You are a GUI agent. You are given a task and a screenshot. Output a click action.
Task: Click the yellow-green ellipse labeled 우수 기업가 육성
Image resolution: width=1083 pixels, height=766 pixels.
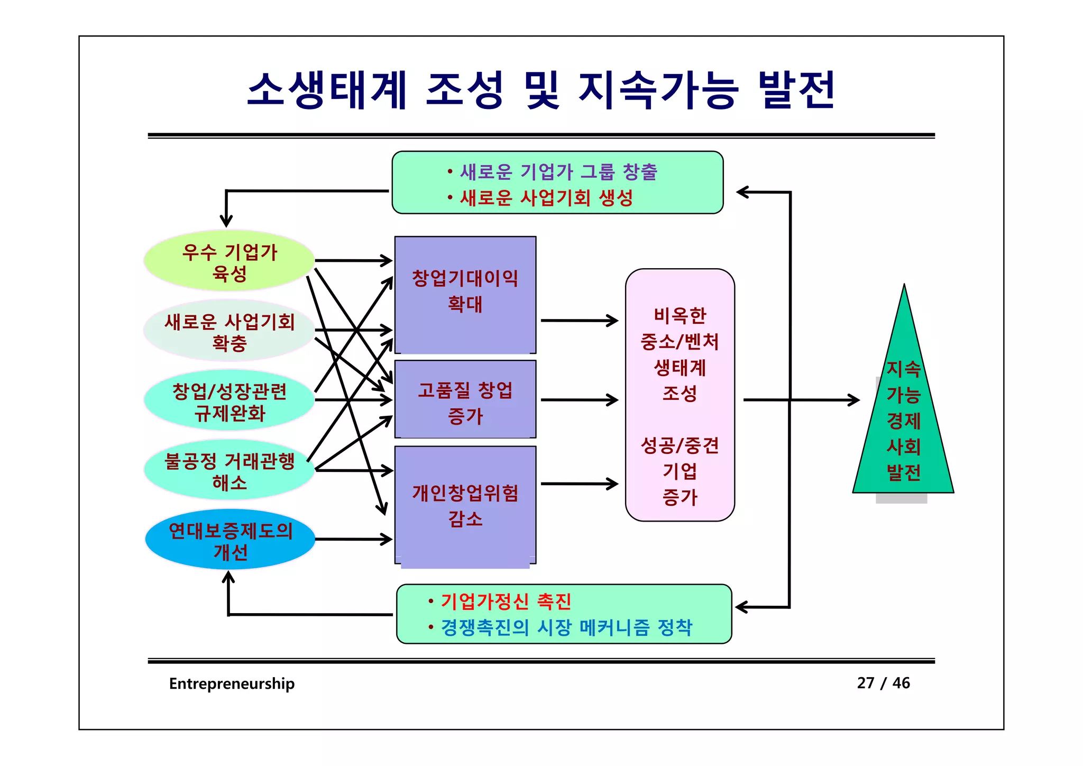229,260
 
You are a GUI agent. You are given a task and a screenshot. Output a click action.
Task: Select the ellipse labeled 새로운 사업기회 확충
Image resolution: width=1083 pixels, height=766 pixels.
229,331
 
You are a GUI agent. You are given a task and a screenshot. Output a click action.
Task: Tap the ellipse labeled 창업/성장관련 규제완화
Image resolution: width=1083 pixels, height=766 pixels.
229,401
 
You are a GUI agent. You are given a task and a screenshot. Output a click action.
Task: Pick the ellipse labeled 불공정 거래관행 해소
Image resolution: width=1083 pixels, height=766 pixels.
229,470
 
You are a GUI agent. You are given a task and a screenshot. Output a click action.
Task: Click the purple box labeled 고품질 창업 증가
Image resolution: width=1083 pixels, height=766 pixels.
465,399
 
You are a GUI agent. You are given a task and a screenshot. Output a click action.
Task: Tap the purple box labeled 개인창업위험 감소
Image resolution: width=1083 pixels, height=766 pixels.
465,505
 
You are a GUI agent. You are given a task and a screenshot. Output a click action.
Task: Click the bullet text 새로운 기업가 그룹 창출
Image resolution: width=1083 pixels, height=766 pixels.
558,172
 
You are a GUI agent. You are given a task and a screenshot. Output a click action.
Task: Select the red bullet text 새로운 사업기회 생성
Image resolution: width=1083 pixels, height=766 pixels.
546,198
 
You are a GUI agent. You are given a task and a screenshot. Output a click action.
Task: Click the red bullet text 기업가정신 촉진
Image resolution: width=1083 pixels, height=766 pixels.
506,601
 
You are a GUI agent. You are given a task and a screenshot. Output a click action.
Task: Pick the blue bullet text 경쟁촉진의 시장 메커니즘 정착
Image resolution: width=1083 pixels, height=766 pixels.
566,627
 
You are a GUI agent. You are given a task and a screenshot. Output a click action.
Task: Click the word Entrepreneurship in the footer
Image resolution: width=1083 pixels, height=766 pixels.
232,683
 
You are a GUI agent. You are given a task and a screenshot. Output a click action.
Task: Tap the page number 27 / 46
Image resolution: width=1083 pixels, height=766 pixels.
883,683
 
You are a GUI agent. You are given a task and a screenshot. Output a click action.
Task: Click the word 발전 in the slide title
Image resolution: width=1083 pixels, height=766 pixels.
796,90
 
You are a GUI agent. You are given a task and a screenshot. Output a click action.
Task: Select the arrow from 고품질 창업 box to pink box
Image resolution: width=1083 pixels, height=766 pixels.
579,400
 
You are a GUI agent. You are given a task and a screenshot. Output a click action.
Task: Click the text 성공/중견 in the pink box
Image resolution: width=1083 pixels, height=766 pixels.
680,445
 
